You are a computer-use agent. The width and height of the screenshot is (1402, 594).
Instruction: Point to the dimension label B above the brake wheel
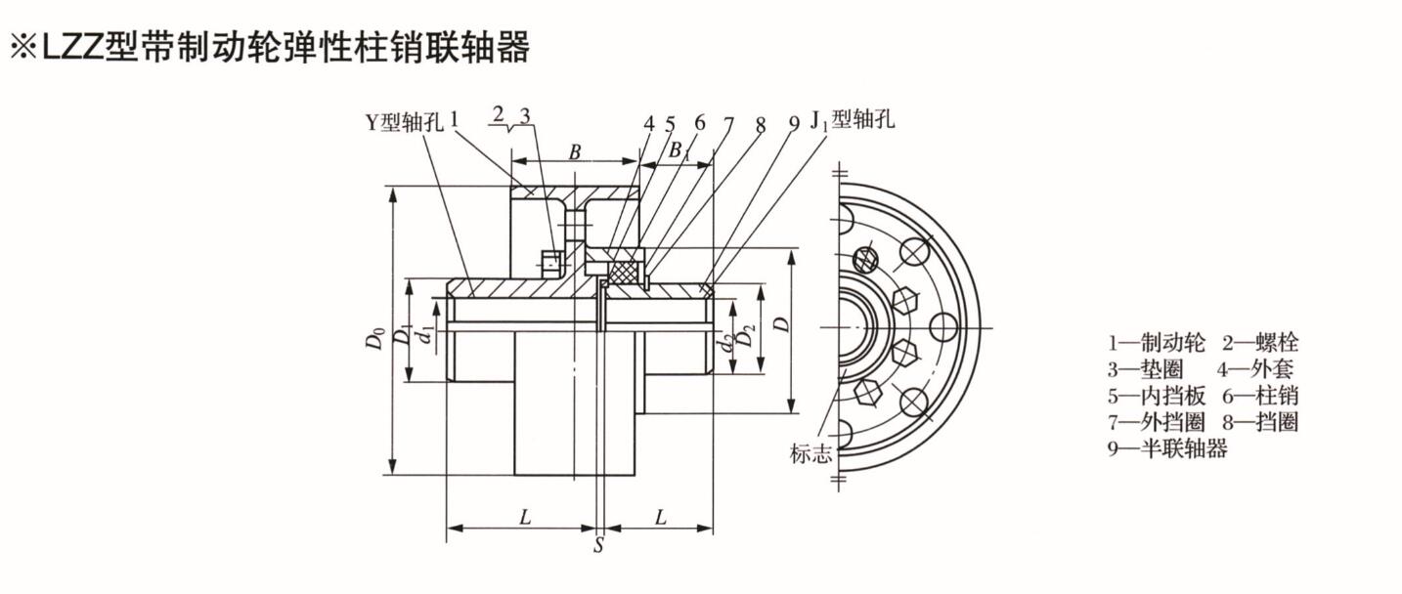click(576, 152)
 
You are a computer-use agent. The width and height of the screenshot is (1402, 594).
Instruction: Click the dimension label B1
click(678, 151)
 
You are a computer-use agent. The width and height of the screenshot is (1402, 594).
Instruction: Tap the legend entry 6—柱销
click(1260, 396)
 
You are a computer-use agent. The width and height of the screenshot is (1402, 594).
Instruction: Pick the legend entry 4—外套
click(1256, 369)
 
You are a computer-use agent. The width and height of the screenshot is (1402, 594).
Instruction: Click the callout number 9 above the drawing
click(794, 123)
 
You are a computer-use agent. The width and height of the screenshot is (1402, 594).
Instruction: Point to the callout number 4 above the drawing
click(648, 124)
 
